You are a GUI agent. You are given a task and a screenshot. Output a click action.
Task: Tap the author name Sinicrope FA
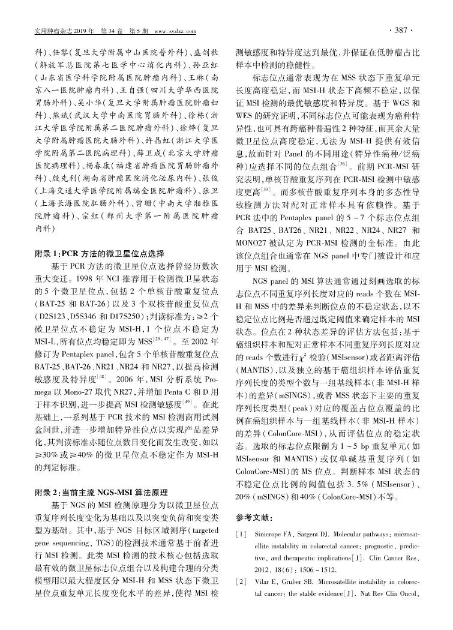pos(283,533)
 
